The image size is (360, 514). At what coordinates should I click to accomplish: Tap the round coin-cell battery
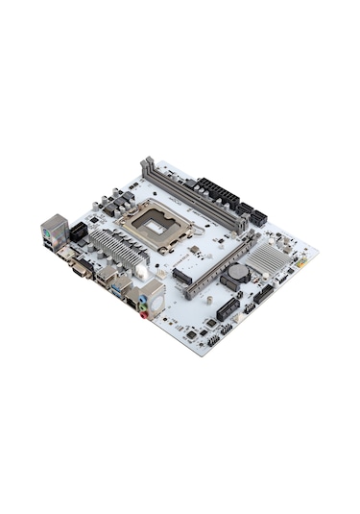point(233,273)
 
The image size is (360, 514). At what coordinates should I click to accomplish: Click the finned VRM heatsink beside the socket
point(115,244)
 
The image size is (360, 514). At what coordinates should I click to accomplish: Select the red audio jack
point(143,310)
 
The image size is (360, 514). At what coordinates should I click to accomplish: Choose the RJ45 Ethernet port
point(132,299)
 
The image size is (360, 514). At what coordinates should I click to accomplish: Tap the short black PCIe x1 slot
point(227,309)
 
